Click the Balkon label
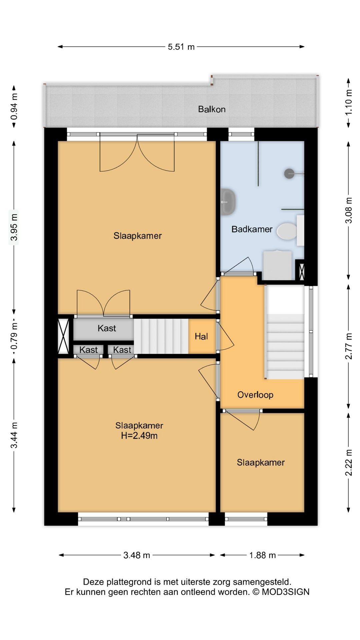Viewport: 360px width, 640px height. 212,109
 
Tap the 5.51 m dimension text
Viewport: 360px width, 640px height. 181,47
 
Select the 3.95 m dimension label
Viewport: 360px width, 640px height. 14,227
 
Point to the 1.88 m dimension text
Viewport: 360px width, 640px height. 262,555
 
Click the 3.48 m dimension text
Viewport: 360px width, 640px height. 137,555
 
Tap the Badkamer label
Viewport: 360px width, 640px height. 252,229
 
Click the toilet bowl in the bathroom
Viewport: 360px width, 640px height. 287,231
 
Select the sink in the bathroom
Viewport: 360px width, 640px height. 228,201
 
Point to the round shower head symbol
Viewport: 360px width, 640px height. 289,174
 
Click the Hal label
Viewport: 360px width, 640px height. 201,337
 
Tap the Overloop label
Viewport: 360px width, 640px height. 255,395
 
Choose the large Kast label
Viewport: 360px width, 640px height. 107,328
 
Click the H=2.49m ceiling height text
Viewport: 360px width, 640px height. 139,436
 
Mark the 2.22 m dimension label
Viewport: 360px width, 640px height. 349,463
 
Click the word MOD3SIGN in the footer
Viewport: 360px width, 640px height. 286,592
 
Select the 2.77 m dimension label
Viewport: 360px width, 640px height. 349,346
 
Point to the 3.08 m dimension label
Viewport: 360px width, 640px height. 349,210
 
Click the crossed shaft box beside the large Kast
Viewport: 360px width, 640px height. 63,336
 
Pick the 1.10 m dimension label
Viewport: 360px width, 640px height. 349,102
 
